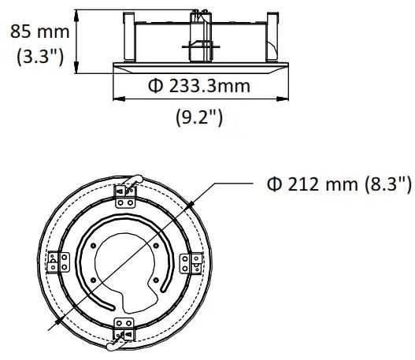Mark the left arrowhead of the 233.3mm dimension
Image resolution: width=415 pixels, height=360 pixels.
(117, 99)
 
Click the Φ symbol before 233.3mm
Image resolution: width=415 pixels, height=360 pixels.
(157, 86)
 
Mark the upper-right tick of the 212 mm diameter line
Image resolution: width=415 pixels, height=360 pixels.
(193, 206)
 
